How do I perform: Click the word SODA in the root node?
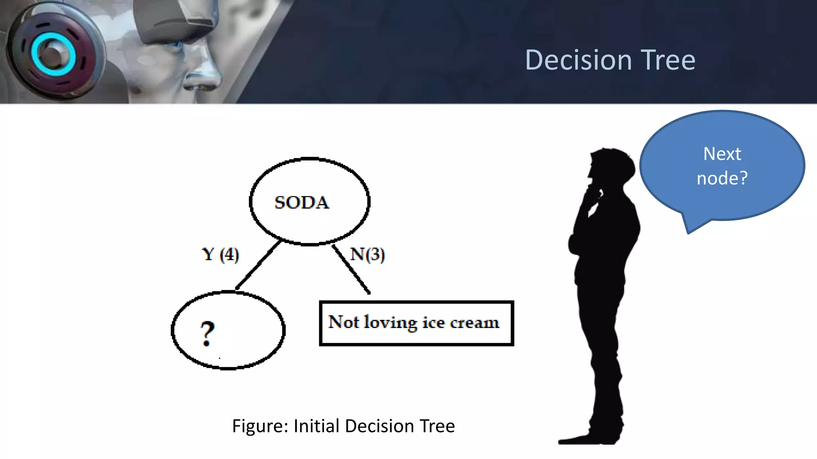click(x=302, y=202)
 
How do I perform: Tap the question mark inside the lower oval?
click(x=207, y=333)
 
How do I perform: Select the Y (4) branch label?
click(x=220, y=254)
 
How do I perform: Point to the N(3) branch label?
click(x=367, y=254)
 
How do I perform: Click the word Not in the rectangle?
click(x=343, y=322)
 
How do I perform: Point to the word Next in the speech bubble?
click(x=722, y=154)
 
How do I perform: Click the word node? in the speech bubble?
click(x=722, y=178)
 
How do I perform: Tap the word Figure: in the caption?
click(x=260, y=426)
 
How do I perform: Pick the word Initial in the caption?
click(x=316, y=426)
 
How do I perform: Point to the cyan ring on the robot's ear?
click(x=53, y=54)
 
